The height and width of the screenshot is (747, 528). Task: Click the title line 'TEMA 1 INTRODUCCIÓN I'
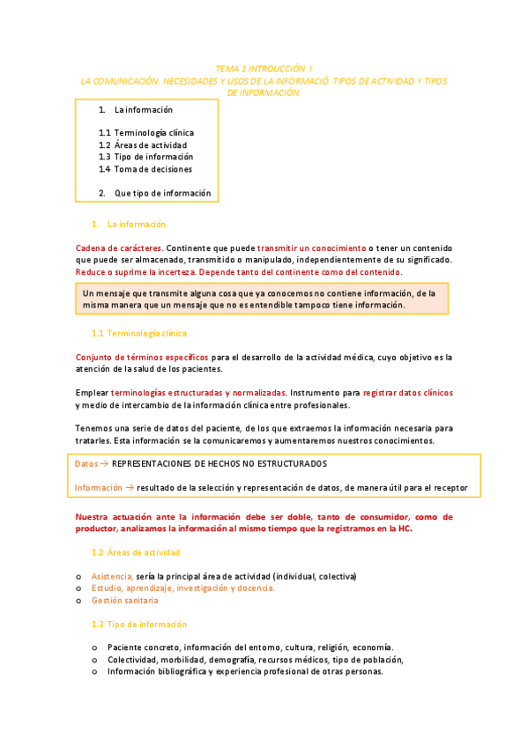point(264,68)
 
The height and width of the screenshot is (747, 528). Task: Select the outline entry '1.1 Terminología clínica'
point(146,133)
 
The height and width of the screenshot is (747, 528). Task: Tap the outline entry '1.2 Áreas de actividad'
point(143,145)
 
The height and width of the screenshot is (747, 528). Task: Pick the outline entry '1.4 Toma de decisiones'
point(145,169)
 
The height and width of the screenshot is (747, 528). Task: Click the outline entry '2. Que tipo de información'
point(155,193)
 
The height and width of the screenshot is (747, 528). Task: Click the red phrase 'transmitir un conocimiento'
point(311,248)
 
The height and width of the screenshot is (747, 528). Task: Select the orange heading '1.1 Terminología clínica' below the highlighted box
point(138,334)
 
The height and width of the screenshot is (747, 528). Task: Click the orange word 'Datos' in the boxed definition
point(86,463)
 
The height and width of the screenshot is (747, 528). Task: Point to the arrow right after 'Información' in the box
point(130,487)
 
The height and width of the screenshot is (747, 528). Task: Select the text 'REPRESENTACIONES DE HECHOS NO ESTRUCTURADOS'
point(220,463)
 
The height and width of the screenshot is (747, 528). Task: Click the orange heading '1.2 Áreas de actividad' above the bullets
point(136,552)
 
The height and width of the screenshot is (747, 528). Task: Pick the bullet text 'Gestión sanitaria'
point(124,600)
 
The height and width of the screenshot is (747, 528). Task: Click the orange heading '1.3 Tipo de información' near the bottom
point(138,624)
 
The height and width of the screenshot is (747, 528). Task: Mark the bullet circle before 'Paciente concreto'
point(94,647)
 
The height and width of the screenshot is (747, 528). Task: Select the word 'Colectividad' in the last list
point(135,659)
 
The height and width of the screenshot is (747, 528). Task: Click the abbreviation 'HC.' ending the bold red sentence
point(405,529)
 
